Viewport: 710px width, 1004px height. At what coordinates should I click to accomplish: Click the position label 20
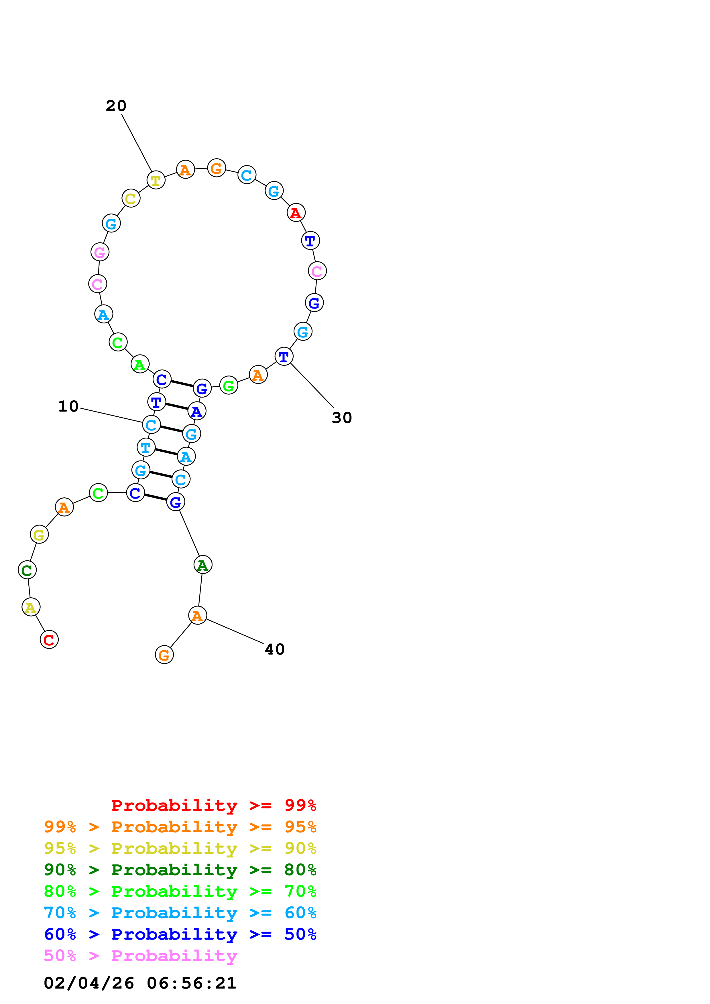coord(116,106)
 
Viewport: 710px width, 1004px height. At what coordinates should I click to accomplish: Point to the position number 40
coord(275,649)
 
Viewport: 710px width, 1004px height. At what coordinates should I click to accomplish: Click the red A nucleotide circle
coord(296,213)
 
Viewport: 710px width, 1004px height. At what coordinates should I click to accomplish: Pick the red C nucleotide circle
coord(49,640)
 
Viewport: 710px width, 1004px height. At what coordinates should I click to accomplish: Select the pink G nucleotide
coord(100,252)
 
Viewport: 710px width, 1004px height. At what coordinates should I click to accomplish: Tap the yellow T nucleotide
coord(156,180)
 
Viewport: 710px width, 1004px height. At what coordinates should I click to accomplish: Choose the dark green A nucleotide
coord(202,565)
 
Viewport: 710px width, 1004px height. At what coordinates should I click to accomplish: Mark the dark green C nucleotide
coord(27,570)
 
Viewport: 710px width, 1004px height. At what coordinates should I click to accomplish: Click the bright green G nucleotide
coord(228,386)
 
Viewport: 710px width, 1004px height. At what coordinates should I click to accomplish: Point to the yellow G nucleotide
coord(39,534)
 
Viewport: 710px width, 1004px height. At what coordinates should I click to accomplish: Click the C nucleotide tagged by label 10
coord(151,425)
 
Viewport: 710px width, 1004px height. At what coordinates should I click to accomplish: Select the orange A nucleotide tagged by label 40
coord(197,616)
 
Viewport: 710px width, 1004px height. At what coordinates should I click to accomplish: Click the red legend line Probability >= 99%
coord(213,805)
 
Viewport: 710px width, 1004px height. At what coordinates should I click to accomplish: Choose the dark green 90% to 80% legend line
coord(180,870)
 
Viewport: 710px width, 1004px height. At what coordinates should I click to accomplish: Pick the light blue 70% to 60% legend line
coord(180,913)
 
